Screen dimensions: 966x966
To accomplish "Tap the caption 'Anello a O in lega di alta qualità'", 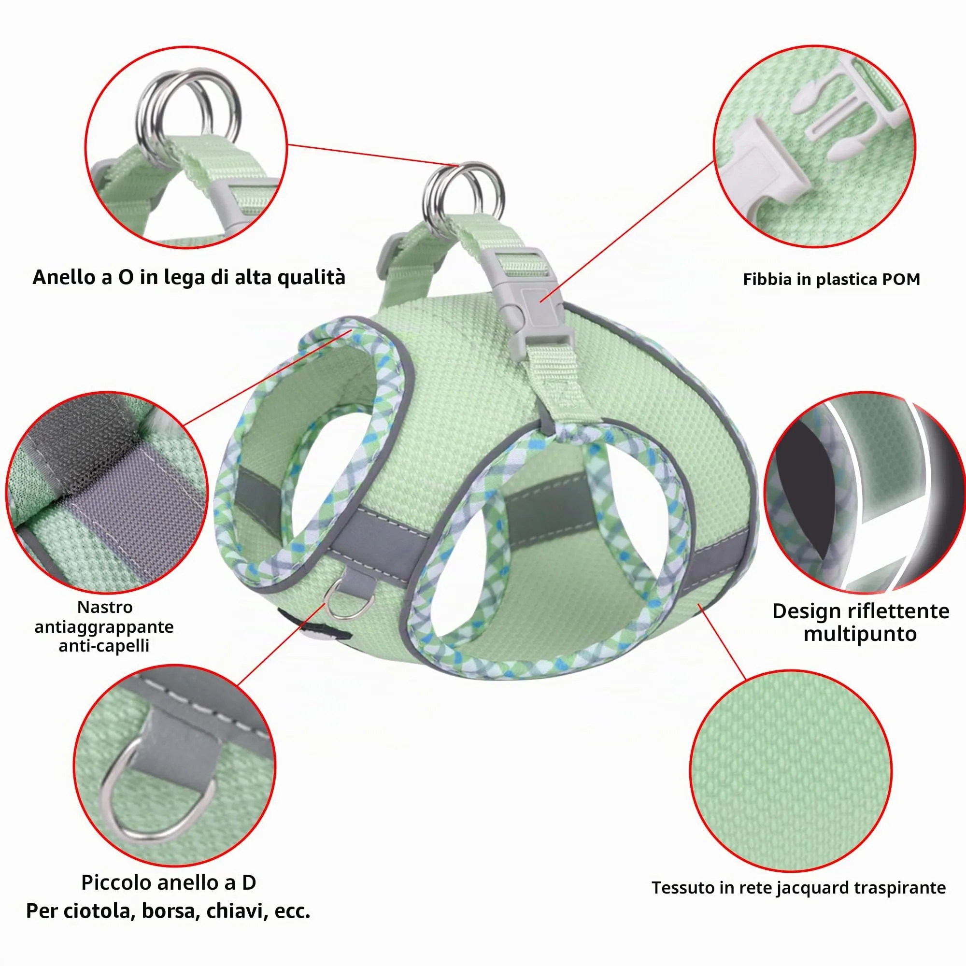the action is [189, 277].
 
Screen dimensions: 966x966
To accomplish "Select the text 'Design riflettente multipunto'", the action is [861, 622].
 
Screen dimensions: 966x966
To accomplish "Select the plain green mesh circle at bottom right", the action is [791, 770].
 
